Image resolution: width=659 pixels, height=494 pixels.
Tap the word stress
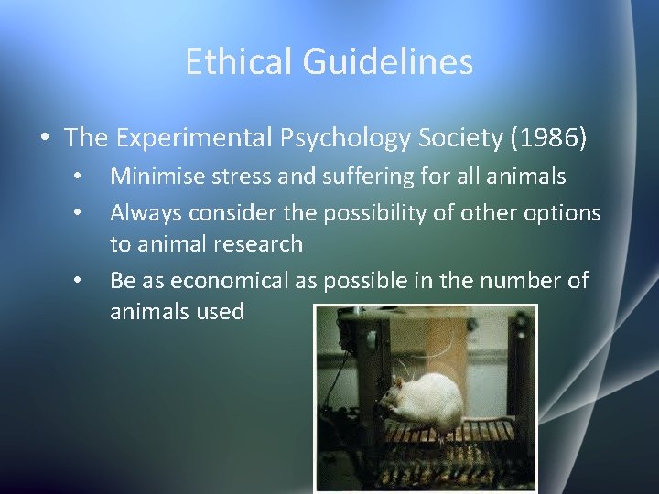point(240,176)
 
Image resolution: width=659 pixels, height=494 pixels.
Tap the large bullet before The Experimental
point(44,138)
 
